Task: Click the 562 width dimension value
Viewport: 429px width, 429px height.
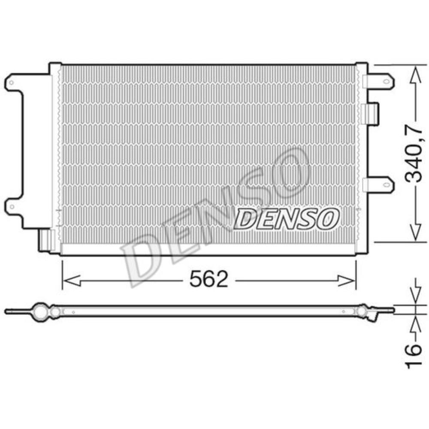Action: tap(209, 279)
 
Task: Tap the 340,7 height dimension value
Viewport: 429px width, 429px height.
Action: tap(413, 154)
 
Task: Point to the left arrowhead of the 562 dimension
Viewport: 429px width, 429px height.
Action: tap(71, 281)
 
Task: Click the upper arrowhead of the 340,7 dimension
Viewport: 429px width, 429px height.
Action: tap(416, 75)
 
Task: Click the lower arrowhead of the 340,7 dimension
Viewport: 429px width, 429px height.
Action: tap(416, 232)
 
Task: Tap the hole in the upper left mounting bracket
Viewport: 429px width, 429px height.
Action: tap(11, 82)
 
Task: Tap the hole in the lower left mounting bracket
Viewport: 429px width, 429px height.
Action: tap(12, 206)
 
